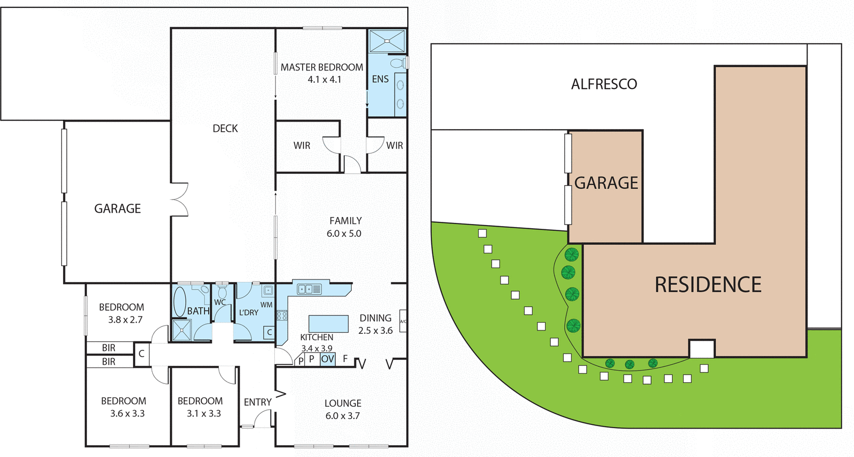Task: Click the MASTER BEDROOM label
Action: pyautogui.click(x=321, y=67)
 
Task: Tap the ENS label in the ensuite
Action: pyautogui.click(x=380, y=79)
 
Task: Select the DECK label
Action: pyautogui.click(x=225, y=129)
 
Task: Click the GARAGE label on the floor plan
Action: pyautogui.click(x=117, y=209)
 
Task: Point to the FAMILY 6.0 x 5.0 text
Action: pyautogui.click(x=345, y=227)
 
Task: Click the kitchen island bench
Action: pyautogui.click(x=328, y=324)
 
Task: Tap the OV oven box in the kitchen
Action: pyautogui.click(x=328, y=359)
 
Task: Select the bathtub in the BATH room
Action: pyautogui.click(x=180, y=302)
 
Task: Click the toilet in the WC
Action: pyautogui.click(x=222, y=292)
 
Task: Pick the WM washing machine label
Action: pyautogui.click(x=266, y=305)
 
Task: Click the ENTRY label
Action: pyautogui.click(x=257, y=402)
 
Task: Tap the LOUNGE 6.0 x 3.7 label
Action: pyautogui.click(x=343, y=409)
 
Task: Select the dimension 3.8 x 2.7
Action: pyautogui.click(x=125, y=320)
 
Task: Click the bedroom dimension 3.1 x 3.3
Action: pyautogui.click(x=203, y=413)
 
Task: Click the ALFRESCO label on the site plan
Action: pyautogui.click(x=604, y=84)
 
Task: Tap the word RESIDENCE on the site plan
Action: pyautogui.click(x=708, y=285)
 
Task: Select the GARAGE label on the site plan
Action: pyautogui.click(x=606, y=183)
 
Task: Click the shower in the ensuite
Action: pyautogui.click(x=387, y=41)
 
